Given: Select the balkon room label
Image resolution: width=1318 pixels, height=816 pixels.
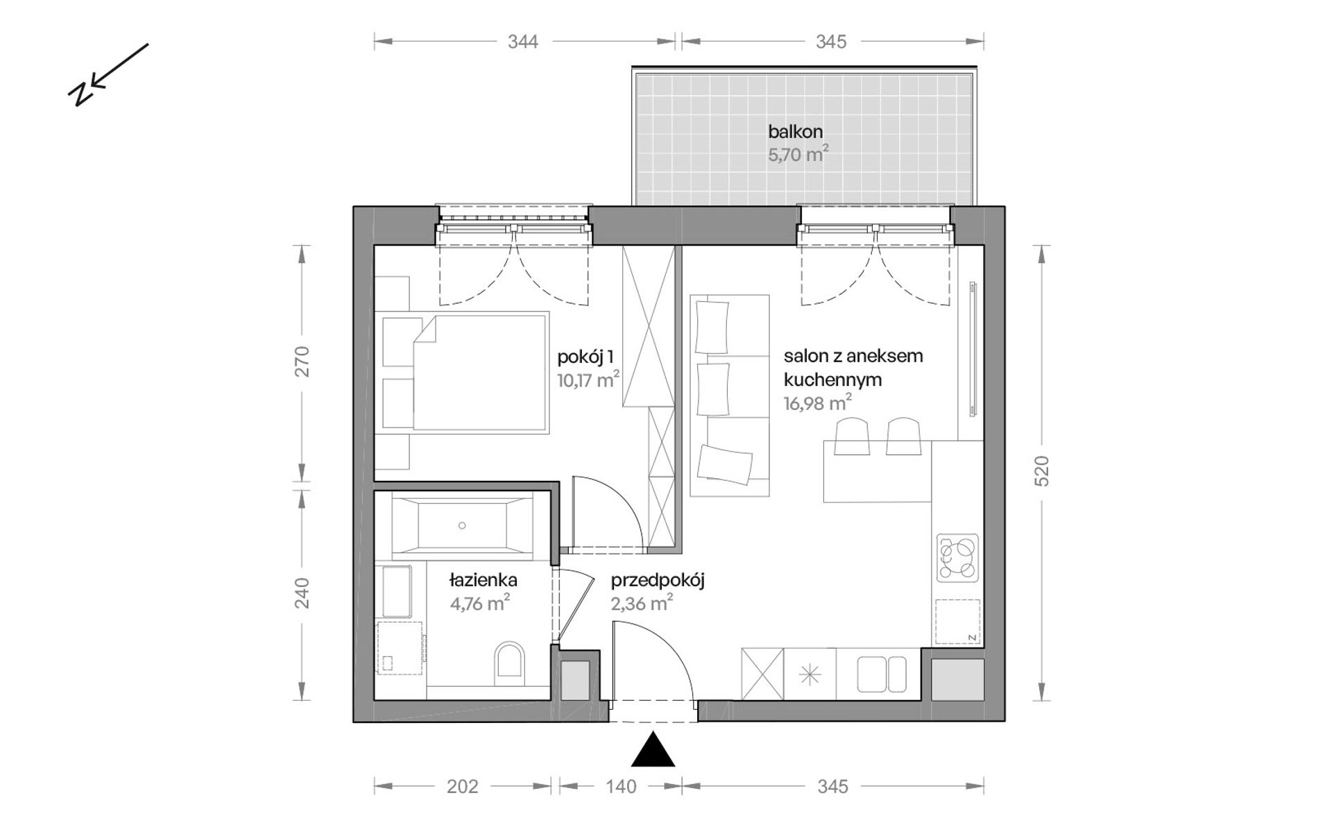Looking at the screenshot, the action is tap(795, 131).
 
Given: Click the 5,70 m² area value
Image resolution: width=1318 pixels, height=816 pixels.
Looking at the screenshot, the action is tap(798, 153).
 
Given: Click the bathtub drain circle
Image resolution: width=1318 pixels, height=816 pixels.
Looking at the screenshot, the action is tap(462, 526).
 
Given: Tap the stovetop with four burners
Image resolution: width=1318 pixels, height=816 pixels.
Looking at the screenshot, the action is tap(957, 557).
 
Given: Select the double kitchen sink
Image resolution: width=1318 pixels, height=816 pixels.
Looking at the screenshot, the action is tap(882, 674).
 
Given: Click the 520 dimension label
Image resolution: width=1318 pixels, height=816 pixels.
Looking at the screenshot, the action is tap(1042, 471).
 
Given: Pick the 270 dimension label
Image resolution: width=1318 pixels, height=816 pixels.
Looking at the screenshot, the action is tap(302, 362).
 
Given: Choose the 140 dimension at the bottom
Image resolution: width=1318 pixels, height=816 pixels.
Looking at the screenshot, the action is tap(621, 786).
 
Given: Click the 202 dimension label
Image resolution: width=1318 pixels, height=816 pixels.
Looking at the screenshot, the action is tap(463, 786).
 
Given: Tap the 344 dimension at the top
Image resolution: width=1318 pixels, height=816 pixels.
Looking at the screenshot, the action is tap(522, 42).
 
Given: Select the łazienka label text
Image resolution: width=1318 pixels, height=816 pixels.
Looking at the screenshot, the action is tap(483, 580).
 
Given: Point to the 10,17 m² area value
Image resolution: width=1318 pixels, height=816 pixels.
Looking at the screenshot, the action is tap(588, 380).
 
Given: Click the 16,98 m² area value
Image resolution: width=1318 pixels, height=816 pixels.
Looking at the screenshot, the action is tap(818, 403).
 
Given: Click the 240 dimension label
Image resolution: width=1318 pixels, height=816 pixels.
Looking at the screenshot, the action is tap(302, 593).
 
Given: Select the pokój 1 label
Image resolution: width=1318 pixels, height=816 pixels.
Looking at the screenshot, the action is tap(585, 358).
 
